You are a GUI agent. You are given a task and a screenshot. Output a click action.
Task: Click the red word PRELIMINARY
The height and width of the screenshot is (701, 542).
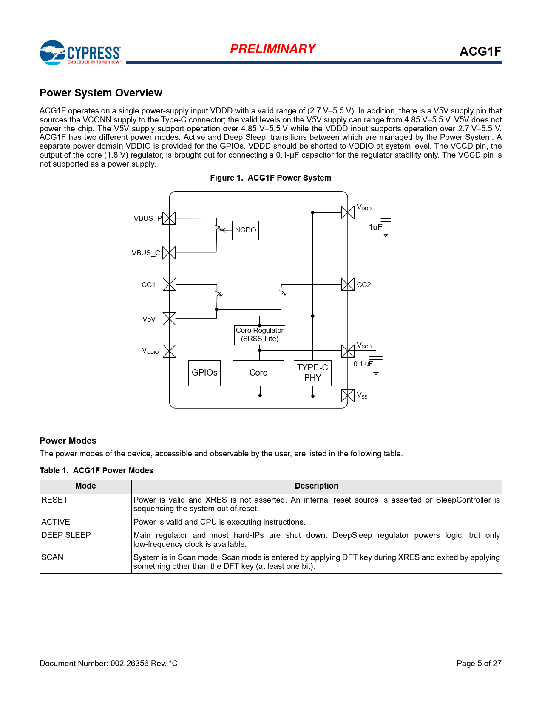[x=272, y=49]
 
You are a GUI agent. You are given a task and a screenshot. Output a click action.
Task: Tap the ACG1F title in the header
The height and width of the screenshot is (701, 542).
[x=480, y=52]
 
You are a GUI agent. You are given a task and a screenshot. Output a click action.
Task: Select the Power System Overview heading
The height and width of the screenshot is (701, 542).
[x=101, y=93]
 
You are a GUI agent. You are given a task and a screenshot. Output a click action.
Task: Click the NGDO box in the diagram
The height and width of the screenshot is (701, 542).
[x=245, y=230]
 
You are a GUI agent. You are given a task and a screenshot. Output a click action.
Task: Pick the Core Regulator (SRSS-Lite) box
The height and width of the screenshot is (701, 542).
[x=259, y=335]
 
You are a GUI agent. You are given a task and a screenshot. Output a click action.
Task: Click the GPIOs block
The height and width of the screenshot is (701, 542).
[x=204, y=373]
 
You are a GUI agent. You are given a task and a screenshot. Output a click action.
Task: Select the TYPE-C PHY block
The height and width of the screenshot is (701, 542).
[x=312, y=373]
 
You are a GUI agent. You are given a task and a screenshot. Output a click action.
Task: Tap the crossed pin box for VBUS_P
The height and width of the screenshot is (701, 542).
[x=169, y=218]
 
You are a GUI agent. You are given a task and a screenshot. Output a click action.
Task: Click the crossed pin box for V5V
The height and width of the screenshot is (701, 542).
[x=169, y=319]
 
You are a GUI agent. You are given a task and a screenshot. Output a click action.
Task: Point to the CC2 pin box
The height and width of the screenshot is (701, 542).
[x=348, y=284]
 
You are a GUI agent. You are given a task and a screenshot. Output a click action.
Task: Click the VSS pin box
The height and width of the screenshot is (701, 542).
[x=348, y=396]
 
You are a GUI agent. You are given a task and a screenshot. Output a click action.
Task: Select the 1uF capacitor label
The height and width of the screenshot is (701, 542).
[x=375, y=228]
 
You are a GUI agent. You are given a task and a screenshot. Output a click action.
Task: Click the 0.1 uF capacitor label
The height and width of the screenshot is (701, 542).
[x=363, y=364]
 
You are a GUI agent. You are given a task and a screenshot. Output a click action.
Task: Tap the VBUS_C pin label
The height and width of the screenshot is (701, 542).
[x=146, y=253]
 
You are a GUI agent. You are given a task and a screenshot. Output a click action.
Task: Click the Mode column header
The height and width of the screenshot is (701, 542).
[x=85, y=486]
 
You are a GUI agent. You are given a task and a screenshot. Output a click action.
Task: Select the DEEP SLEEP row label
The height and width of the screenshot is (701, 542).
[x=66, y=535]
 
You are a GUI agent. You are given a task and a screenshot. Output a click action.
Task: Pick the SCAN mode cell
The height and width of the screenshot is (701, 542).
[x=52, y=557]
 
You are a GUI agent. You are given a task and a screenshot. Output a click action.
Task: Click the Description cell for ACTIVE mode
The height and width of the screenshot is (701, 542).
[x=219, y=522]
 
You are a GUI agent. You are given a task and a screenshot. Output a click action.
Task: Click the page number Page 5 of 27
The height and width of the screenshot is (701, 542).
[x=479, y=664]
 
